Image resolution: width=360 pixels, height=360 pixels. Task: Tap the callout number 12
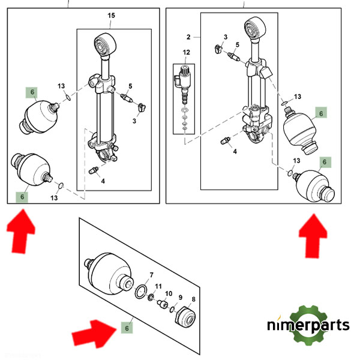click(187, 53)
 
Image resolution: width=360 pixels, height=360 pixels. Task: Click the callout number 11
click(158, 286)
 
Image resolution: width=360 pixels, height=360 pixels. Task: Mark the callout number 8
click(193, 299)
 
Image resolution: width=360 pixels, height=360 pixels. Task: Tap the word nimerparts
click(308, 326)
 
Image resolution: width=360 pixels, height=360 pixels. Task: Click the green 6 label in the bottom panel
click(127, 328)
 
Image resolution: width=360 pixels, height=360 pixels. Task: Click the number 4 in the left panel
click(103, 181)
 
